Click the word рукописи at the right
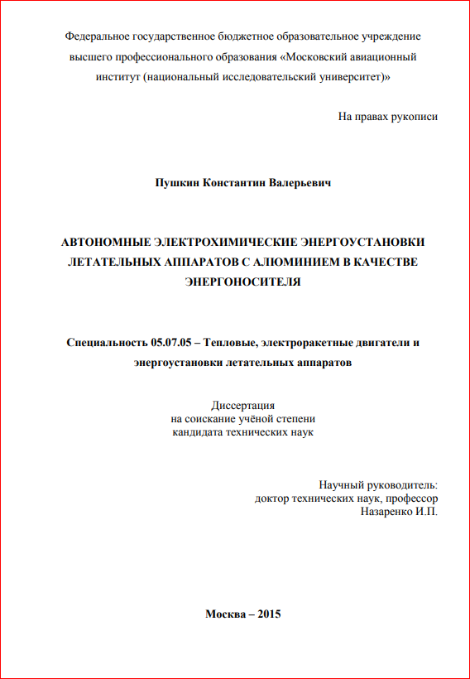[411, 117]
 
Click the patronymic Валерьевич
[300, 182]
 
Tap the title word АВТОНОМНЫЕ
[103, 243]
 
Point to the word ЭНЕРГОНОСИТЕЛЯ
[242, 282]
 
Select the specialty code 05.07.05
[172, 343]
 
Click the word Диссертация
[242, 405]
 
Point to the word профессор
[411, 498]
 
